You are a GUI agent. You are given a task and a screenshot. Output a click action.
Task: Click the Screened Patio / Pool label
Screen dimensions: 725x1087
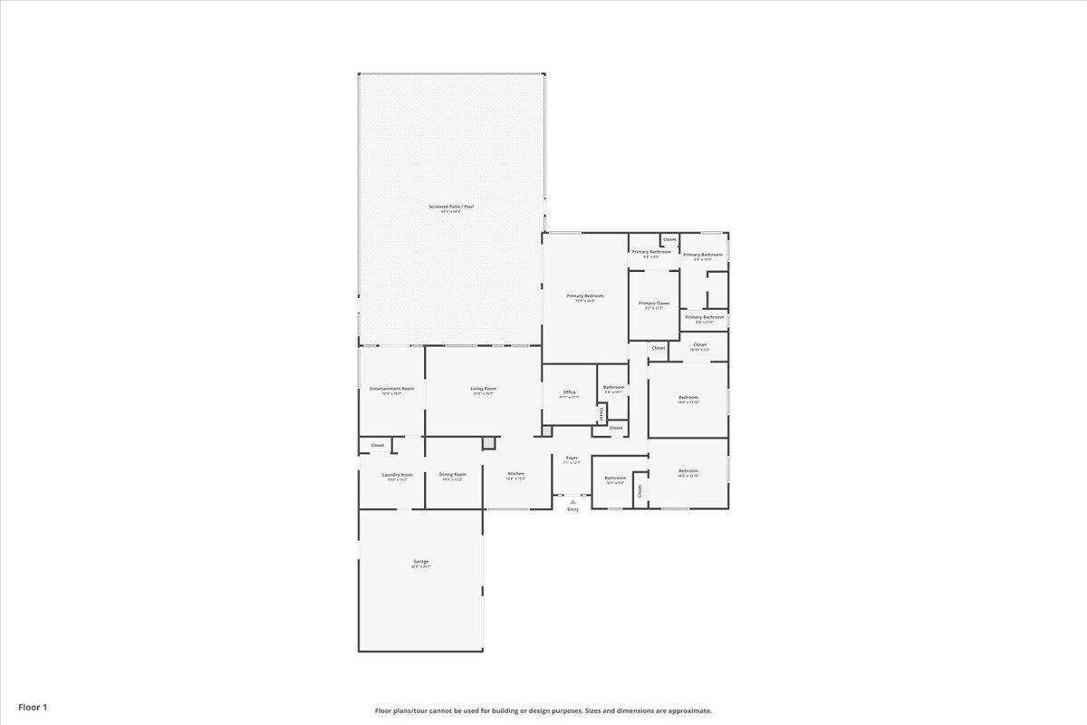451,207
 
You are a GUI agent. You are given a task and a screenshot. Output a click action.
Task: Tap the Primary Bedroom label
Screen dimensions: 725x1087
585,296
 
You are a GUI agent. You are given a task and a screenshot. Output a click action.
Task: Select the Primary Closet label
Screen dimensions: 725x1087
654,304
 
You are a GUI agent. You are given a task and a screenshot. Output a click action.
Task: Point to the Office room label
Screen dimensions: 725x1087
569,392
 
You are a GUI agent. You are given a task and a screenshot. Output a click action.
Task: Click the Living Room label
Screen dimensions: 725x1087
483,389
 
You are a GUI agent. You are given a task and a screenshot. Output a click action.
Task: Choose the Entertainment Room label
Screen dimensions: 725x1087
391,389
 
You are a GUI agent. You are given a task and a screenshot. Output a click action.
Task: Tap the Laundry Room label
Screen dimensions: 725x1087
398,475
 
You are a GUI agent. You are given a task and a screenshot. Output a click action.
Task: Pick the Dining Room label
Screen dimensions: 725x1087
453,474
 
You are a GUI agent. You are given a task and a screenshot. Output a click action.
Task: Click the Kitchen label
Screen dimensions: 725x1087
515,474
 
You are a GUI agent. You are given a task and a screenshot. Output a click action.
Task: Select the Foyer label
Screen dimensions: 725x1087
572,459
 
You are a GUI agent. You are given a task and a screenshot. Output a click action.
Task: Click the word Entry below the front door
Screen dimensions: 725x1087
572,509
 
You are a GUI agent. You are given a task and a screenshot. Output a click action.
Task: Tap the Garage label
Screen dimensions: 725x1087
421,562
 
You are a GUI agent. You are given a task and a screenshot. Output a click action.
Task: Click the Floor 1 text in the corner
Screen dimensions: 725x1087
34,707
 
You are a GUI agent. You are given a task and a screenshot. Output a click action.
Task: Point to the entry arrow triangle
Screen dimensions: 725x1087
572,501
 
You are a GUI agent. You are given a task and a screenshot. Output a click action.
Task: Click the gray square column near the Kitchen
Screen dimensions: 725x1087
489,442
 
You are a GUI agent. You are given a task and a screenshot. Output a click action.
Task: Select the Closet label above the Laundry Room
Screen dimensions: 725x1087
378,445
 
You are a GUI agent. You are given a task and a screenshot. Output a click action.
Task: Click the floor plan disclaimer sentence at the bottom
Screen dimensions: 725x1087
543,710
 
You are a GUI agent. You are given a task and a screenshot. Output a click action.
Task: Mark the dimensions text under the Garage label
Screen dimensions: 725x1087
421,567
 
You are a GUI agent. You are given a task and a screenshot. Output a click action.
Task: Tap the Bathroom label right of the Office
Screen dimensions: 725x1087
614,387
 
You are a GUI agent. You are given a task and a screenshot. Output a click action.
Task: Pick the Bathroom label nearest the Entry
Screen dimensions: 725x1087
615,478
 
